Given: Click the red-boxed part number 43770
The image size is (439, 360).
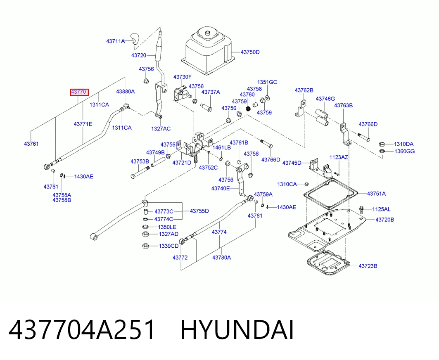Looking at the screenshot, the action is tap(79, 92).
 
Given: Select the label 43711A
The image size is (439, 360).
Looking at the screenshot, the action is tap(115, 41).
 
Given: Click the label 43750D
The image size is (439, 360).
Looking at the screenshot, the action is tap(250, 52).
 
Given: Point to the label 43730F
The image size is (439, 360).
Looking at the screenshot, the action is tap(182, 77).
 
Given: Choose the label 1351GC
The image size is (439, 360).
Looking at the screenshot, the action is tap(267, 82).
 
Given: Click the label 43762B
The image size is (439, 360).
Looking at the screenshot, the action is tap(304, 90).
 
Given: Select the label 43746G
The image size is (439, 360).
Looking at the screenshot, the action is tap(325, 99).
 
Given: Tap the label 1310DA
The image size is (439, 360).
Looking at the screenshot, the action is tap(404, 144).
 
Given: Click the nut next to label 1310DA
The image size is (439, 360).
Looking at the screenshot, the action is tap(381, 144).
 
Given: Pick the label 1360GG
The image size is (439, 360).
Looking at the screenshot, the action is tap(405, 151).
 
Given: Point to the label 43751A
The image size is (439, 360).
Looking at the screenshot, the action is tap(376, 194).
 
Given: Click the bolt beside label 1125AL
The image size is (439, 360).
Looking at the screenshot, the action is tap(361, 210).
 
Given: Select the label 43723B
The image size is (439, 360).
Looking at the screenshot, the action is tap(368, 265).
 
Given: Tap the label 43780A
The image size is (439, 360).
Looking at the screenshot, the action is tap(221, 258).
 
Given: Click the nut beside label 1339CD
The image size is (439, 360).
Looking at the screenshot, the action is tap(145, 246).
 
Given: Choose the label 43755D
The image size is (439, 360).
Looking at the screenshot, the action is tap(199, 211).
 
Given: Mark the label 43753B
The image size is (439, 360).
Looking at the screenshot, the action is tap(140, 161).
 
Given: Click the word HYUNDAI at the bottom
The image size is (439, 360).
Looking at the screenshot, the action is tap(237, 330).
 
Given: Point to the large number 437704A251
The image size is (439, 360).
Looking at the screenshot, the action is tap(82, 330).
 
